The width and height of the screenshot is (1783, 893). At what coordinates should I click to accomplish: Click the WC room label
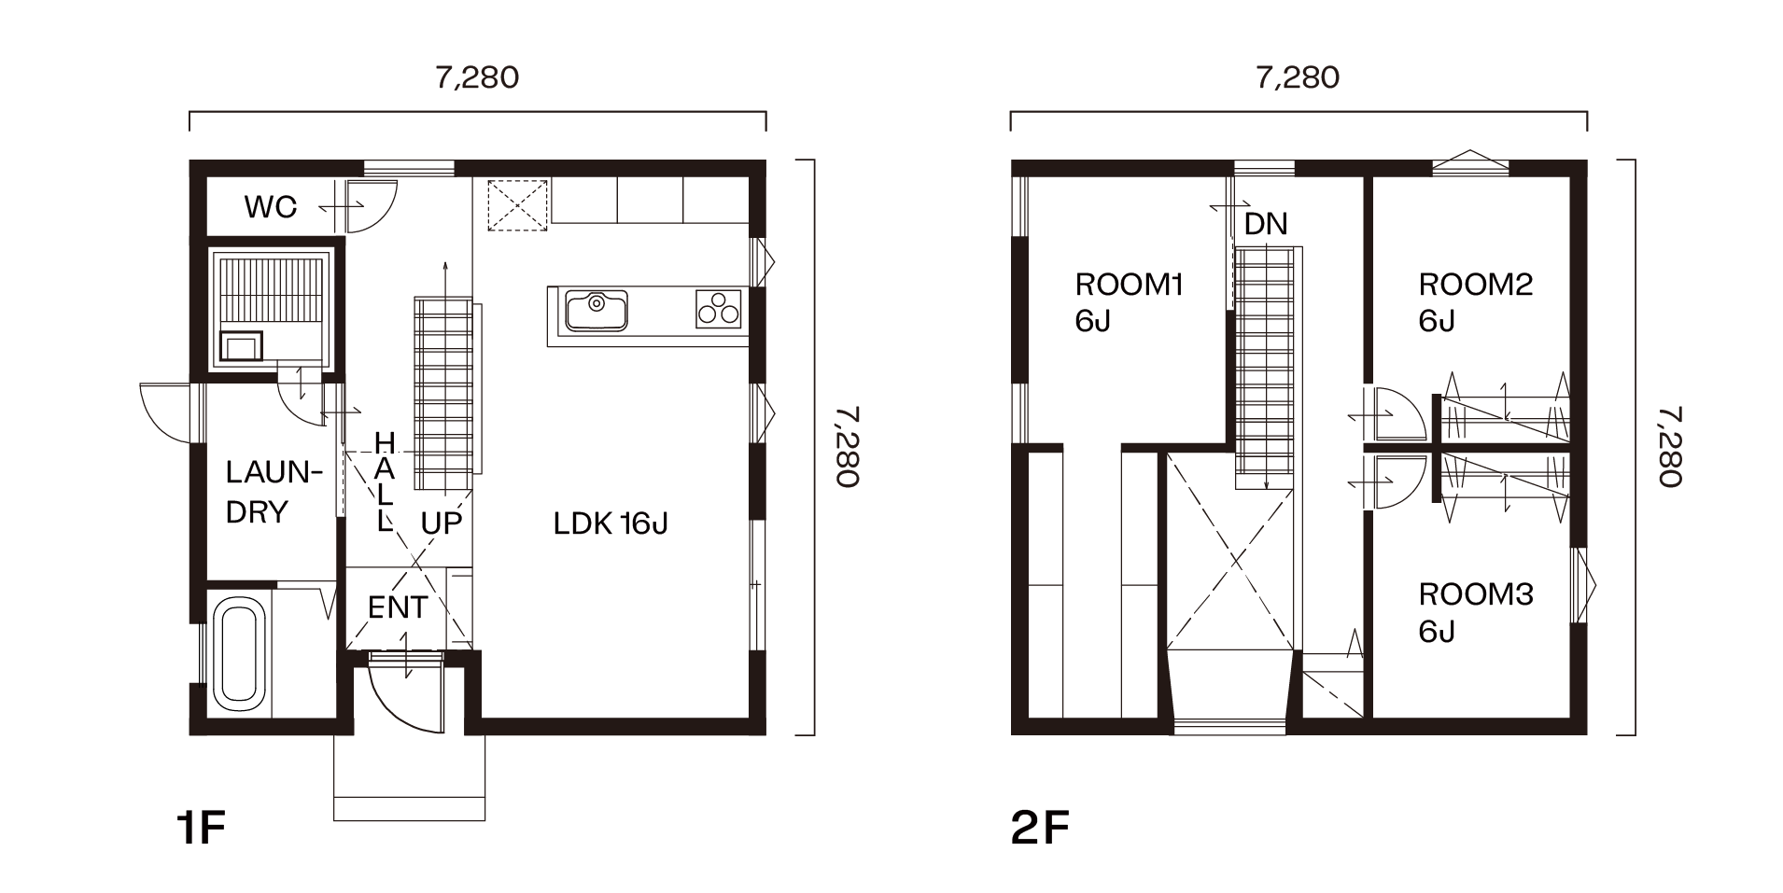(x=271, y=206)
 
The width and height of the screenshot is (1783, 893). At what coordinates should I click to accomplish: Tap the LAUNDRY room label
(x=273, y=492)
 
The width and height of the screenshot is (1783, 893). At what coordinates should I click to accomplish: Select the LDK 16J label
(x=611, y=523)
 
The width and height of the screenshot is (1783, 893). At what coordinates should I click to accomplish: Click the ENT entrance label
(x=398, y=607)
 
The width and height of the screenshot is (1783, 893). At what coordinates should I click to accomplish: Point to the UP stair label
(x=442, y=523)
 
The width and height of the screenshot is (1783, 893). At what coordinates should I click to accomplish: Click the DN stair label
(x=1266, y=224)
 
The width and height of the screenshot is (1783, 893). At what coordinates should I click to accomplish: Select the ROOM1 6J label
(x=1129, y=302)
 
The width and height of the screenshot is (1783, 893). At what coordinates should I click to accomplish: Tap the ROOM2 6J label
(x=1476, y=302)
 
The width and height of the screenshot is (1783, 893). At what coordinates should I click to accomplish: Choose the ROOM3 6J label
(x=1476, y=612)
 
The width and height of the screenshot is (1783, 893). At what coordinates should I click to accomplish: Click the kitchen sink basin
(x=595, y=311)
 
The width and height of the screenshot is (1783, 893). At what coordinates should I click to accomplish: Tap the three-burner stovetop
(x=718, y=309)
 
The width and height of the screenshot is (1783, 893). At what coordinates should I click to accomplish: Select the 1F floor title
(x=201, y=829)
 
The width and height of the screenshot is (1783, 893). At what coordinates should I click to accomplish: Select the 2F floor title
(x=1040, y=829)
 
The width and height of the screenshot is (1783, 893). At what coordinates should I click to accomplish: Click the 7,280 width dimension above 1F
(x=477, y=77)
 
